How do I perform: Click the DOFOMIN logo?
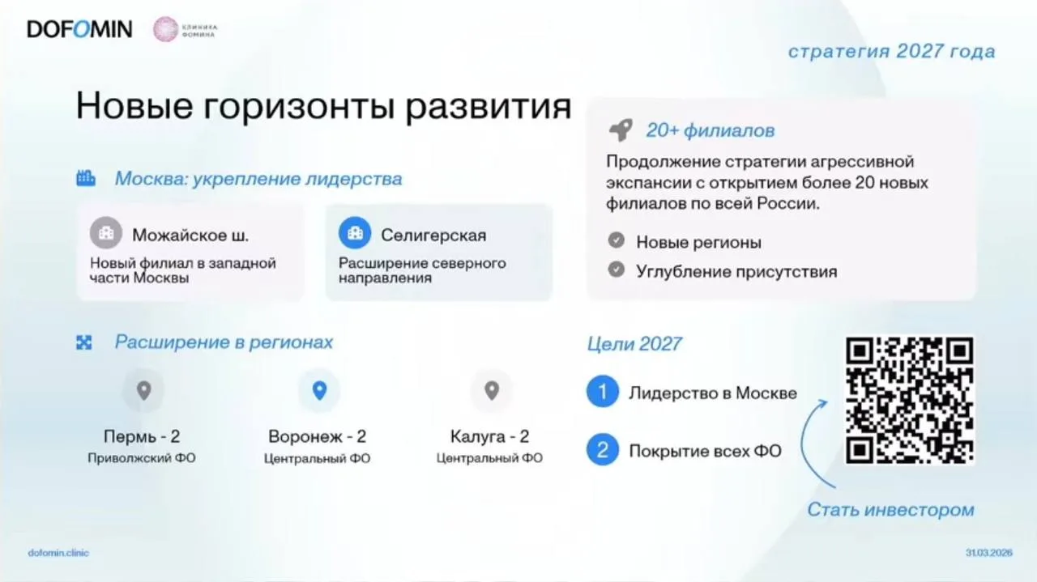[x=79, y=29]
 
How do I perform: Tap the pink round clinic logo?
[x=165, y=29]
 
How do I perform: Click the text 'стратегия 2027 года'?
[x=892, y=51]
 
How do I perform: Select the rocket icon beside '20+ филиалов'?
[x=621, y=130]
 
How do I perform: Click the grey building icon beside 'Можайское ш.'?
[x=106, y=232]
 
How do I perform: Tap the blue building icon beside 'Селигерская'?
[x=355, y=232]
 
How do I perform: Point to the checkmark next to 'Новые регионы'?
[x=617, y=240]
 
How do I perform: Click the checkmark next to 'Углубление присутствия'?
[x=617, y=270]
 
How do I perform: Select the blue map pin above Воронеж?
[x=319, y=390]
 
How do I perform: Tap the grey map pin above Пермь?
[x=144, y=390]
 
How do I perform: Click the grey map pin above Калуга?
[x=492, y=390]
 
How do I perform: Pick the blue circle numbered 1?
[x=602, y=392]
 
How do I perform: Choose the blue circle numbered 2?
[x=602, y=450]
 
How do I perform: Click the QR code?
[x=910, y=400]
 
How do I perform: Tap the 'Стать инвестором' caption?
[x=890, y=510]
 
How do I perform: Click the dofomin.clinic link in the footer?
[x=58, y=553]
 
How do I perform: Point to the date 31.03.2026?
[x=989, y=553]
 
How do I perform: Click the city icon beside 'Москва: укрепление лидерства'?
[x=86, y=178]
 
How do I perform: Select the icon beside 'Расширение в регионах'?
[x=83, y=343]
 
